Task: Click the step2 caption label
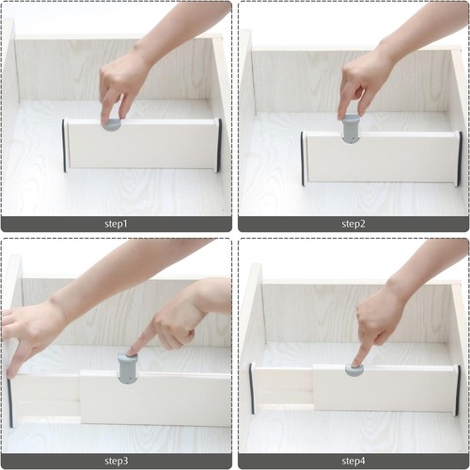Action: pos(353,225)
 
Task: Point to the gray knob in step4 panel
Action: pos(355,368)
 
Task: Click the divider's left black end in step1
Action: pos(65,146)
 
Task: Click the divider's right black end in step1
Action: pos(219,146)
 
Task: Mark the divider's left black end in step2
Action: pos(303,158)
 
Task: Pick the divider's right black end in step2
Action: pos(459,158)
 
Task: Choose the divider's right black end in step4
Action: pos(458,389)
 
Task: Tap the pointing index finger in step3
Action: pos(139,345)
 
